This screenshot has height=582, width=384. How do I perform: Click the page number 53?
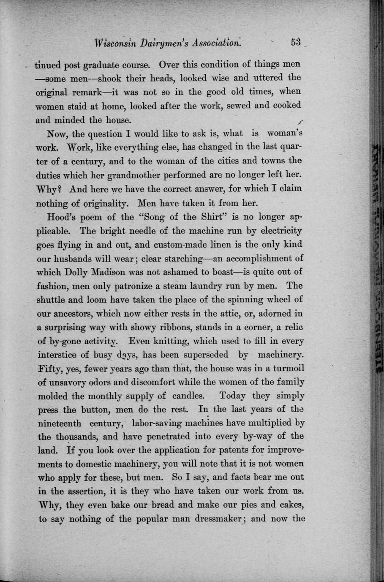(295, 43)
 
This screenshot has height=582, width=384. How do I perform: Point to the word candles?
(188, 396)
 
